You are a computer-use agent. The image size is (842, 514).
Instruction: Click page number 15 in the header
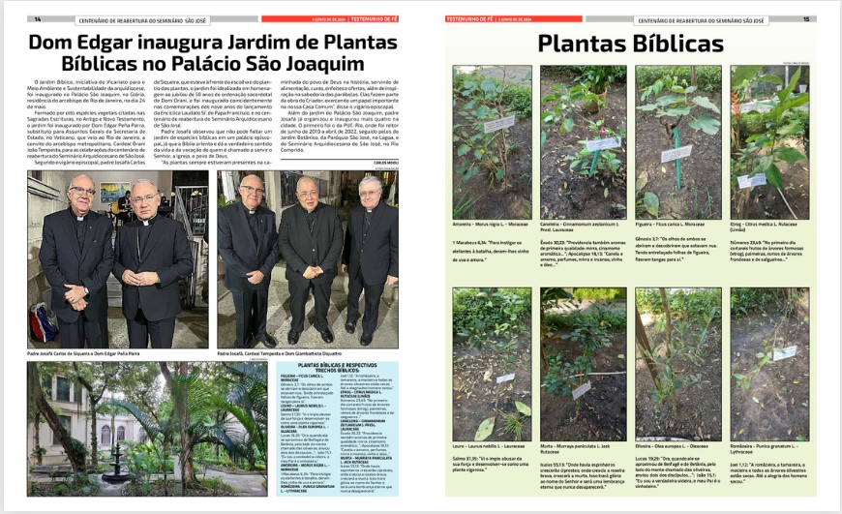pos(805,18)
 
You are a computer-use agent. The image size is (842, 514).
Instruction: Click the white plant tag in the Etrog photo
pos(752,180)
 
